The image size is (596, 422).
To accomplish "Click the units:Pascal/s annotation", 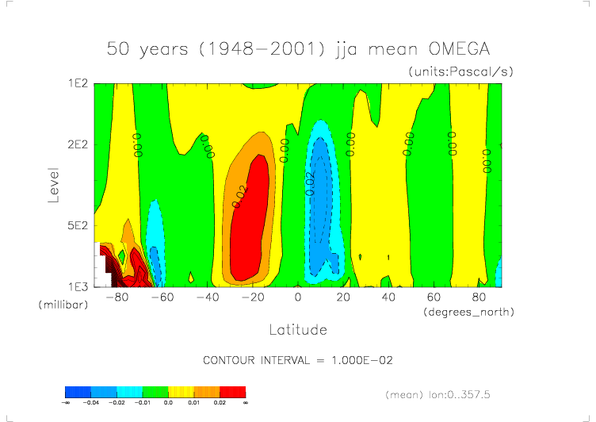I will (461, 71).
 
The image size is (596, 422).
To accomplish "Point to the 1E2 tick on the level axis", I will (76, 83).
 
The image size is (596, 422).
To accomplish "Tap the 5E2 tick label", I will (76, 225).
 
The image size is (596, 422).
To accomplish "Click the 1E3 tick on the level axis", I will (76, 286).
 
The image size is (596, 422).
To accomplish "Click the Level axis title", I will (53, 184).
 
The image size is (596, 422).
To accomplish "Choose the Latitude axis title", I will (297, 329).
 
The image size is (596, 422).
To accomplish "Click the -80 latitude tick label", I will (117, 297).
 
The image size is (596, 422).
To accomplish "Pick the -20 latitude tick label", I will (252, 297).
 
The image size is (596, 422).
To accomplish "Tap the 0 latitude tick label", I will (297, 297).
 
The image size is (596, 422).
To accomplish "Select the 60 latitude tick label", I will (434, 297).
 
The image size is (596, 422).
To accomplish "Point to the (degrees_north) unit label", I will (468, 312).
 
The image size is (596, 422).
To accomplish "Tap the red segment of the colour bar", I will (232, 391).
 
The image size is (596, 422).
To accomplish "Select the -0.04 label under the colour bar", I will (91, 403).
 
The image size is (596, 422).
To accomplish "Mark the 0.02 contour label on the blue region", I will (311, 183).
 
